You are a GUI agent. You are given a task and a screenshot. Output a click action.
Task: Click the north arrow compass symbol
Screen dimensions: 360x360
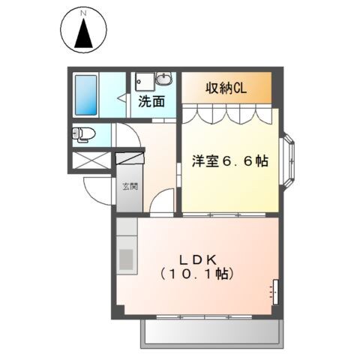tap(85, 31)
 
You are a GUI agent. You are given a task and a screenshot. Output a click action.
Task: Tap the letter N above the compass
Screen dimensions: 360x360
tap(85, 13)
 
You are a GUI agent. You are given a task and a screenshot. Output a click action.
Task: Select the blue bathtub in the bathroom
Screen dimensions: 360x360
tap(88, 94)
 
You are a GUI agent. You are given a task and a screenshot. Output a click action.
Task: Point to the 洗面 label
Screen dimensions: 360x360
tap(151, 101)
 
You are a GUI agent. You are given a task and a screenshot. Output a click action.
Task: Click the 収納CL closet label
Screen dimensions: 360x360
tap(226, 87)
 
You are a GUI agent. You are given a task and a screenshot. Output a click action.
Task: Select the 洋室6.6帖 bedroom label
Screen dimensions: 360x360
tap(230, 161)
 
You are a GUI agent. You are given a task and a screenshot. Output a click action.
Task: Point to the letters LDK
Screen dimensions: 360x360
tap(197, 259)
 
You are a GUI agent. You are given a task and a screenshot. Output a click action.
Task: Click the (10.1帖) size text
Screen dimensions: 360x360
tap(197, 274)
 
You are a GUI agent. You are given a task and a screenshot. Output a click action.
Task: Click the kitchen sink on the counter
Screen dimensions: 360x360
tap(125, 259)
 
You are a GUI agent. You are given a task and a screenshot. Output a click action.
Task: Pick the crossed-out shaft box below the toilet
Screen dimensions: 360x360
tap(91, 160)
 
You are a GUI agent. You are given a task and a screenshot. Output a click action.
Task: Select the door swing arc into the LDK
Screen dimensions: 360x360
tap(161, 202)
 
